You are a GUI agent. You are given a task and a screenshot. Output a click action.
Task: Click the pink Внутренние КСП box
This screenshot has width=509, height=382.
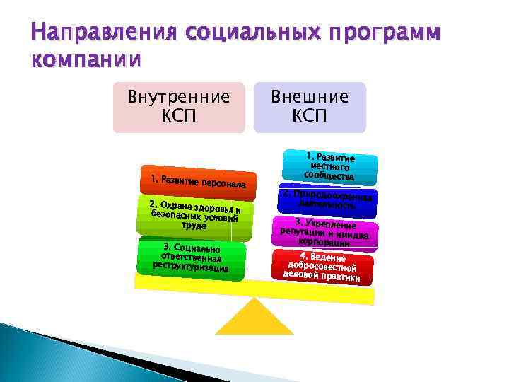(x=178, y=107)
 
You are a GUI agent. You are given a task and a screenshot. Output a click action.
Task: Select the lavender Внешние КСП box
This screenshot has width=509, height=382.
(x=310, y=107)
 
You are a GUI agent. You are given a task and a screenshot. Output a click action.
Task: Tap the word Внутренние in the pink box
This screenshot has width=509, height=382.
(x=178, y=96)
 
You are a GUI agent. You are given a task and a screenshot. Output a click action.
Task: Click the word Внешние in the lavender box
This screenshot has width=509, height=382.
(x=310, y=96)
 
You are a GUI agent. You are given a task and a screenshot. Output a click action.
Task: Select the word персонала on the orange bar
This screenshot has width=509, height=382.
(x=223, y=185)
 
